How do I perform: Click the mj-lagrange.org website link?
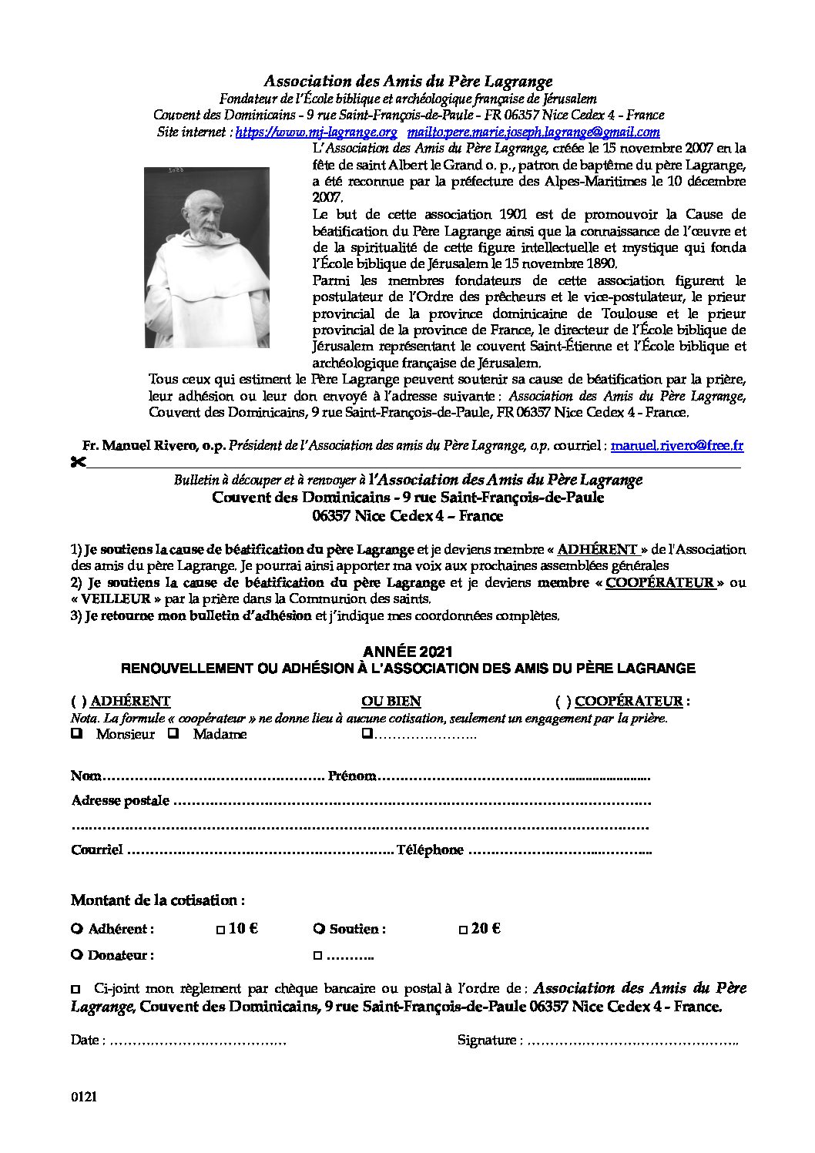point(315,132)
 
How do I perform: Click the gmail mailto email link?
point(535,132)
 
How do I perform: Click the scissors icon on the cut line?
point(77,463)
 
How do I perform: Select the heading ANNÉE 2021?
point(407,653)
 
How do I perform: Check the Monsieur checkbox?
point(77,734)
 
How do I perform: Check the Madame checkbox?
point(174,734)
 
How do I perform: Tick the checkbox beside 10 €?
point(220,930)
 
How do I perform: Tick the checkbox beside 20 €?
point(463,930)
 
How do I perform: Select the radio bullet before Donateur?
point(77,955)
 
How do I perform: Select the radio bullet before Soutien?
point(319,929)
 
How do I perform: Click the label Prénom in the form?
point(352,776)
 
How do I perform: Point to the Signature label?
point(487,1040)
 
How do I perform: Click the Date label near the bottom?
point(85,1040)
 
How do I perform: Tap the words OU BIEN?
point(391,702)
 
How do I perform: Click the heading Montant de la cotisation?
point(158,900)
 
